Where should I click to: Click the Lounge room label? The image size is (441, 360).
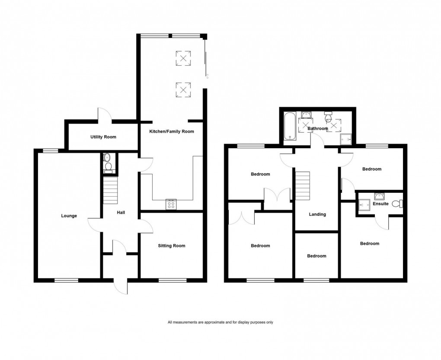[x=69, y=216]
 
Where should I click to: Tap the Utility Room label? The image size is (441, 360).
[x=103, y=137]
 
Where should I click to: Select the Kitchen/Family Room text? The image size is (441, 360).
[x=172, y=131]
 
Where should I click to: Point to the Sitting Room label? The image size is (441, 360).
[x=171, y=246]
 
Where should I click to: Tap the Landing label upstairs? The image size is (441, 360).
[x=317, y=214]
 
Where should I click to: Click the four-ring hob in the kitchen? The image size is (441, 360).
[x=171, y=204]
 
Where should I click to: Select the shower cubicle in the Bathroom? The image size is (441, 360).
[x=346, y=139]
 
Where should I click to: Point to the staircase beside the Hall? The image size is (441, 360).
[x=110, y=192]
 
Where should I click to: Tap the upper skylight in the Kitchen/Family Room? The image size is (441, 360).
[x=183, y=58]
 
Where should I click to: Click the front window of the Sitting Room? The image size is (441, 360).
[x=172, y=280]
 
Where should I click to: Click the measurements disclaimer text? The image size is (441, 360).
[x=220, y=322]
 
